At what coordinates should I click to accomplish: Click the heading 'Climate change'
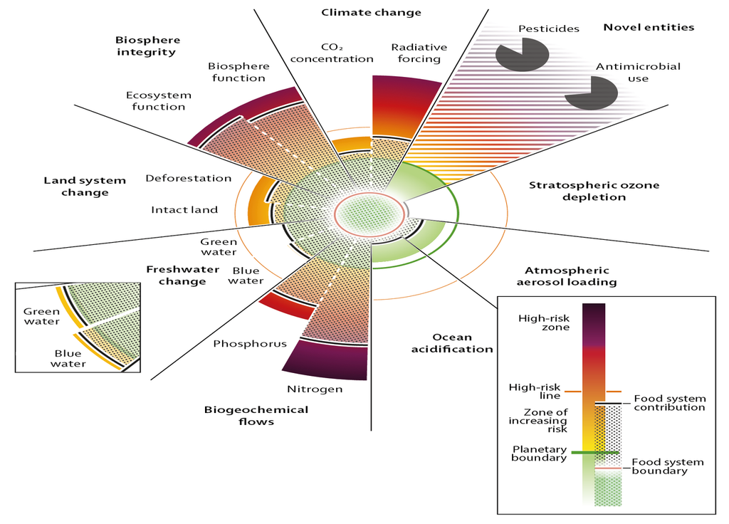tap(371, 12)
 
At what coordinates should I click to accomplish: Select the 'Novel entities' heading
tap(648, 28)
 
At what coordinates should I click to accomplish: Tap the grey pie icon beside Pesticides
tap(522, 55)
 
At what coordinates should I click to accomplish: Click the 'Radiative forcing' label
tap(419, 53)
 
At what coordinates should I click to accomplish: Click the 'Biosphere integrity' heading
tap(148, 46)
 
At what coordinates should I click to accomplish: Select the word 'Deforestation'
tap(189, 178)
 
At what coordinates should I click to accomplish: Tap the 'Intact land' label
tap(184, 209)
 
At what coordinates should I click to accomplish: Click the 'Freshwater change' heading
tap(176, 275)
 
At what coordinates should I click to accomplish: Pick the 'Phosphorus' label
tap(250, 344)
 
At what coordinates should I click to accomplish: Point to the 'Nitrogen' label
tap(315, 389)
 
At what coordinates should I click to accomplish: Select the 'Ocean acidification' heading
tap(462, 342)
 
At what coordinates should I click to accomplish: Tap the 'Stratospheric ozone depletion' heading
tap(594, 191)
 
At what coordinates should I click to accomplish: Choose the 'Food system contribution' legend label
tap(669, 403)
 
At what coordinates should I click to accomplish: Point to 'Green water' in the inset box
tap(41, 317)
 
